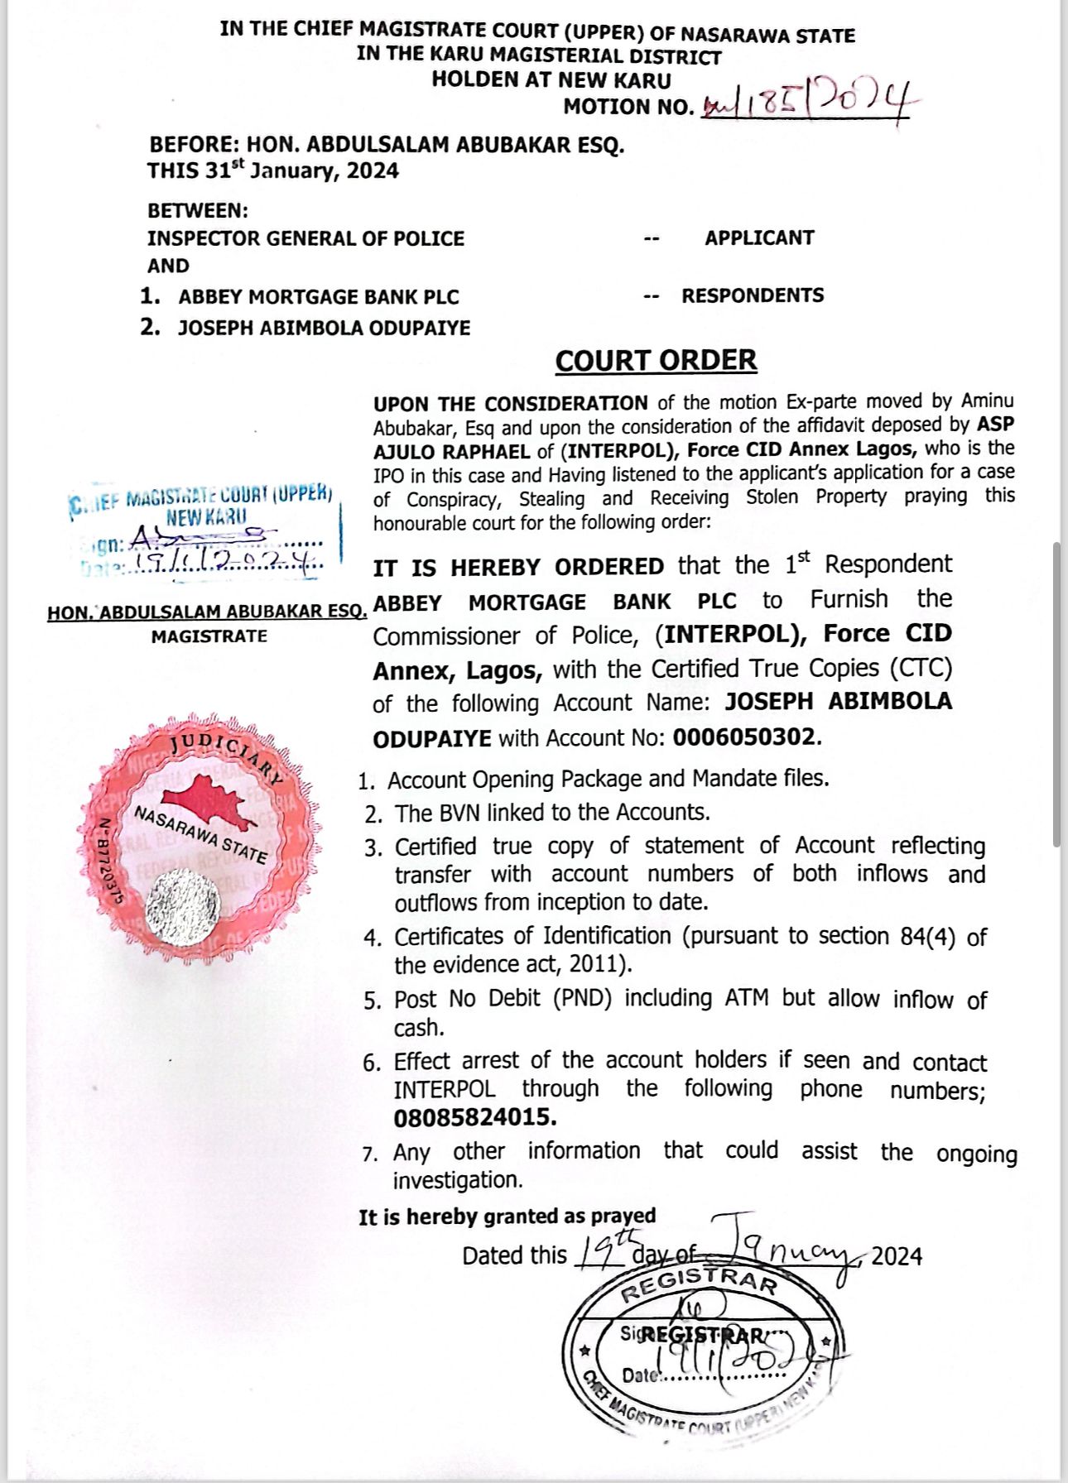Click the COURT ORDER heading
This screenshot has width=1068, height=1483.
(x=656, y=361)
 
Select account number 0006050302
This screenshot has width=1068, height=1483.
(x=744, y=737)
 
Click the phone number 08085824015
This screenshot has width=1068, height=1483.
(x=474, y=1117)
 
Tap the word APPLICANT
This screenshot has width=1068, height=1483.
(x=759, y=238)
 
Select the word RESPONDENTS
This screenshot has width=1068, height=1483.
(x=753, y=295)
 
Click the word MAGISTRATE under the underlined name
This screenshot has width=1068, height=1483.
(x=209, y=636)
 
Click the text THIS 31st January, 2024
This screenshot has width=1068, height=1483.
(x=273, y=170)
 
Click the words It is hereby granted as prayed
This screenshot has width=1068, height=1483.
(x=507, y=1217)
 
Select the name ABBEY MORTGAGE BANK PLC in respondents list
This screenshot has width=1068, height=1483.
(x=319, y=297)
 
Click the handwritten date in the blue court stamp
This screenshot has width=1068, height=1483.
(x=224, y=564)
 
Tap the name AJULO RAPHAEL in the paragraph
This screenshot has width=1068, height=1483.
(x=451, y=452)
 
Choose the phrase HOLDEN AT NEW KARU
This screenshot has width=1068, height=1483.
(x=551, y=80)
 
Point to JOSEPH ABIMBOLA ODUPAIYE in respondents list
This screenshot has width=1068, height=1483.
(x=324, y=328)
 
